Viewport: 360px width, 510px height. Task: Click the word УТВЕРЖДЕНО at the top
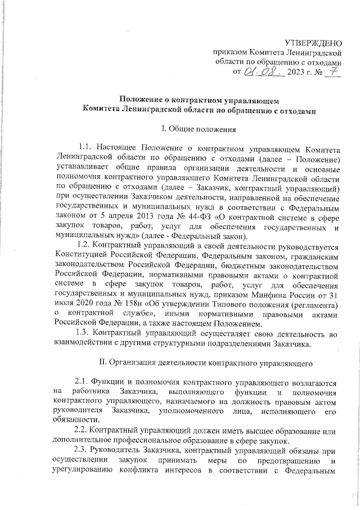click(313, 42)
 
